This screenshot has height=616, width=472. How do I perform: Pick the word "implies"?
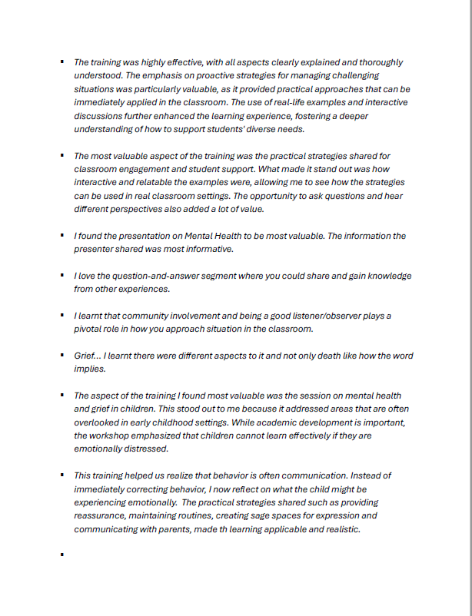pyautogui.click(x=90, y=369)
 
